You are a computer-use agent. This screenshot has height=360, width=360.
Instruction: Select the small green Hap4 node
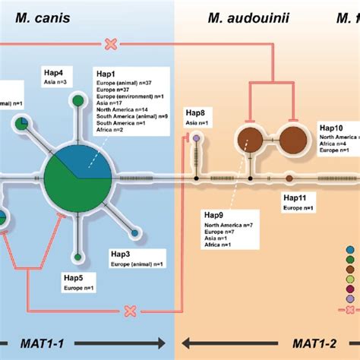pos(77,101)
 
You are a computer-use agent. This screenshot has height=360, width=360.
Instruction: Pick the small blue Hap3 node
pos(134,234)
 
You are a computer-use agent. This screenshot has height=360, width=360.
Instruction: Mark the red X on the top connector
pos(111,45)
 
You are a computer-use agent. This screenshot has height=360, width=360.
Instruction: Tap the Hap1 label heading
pos(106,74)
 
